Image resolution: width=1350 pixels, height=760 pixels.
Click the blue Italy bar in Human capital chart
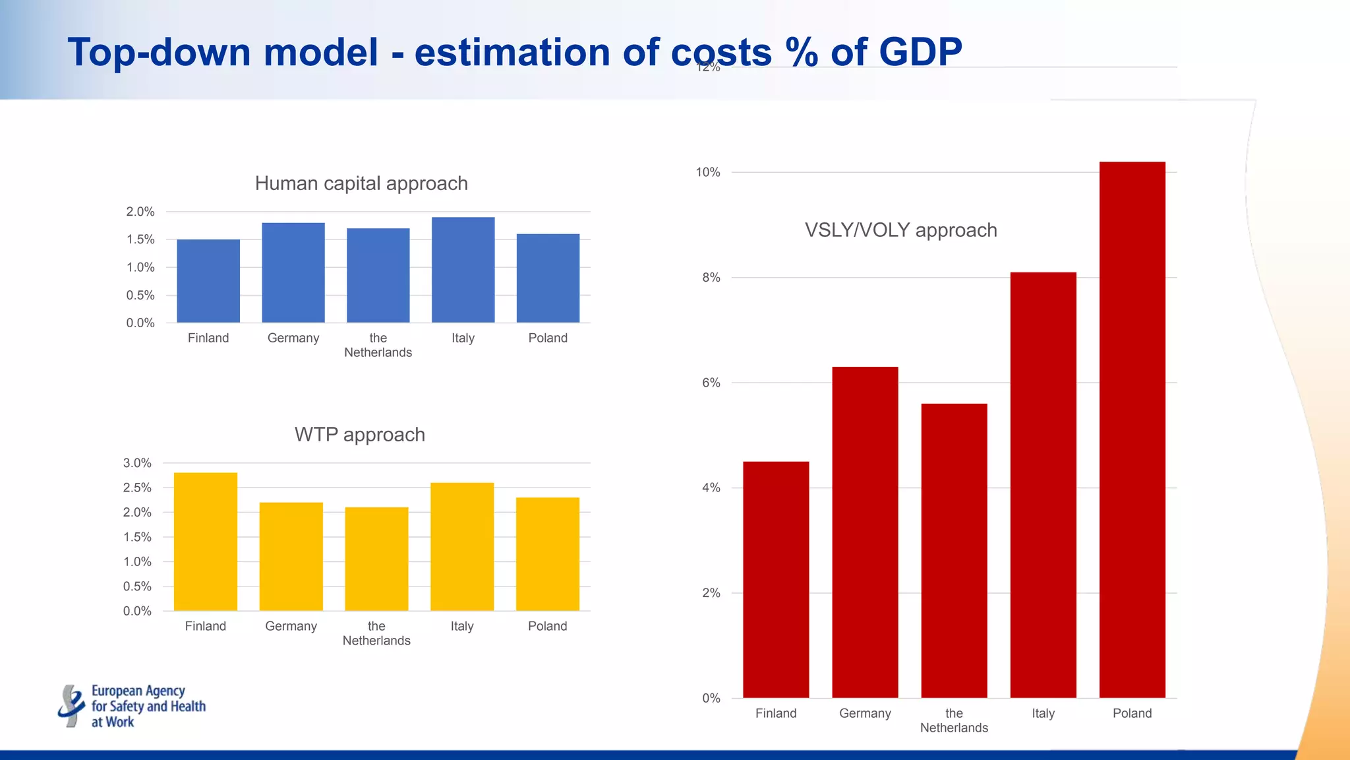coord(463,270)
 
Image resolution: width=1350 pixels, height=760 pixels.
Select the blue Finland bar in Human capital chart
coord(208,281)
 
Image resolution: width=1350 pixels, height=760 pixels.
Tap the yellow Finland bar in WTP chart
coord(206,542)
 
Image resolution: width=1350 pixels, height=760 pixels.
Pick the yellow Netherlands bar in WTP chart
coord(376,559)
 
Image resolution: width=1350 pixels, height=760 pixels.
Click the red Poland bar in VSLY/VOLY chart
coord(1132,429)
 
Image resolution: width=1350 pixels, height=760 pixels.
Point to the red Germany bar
coord(865,532)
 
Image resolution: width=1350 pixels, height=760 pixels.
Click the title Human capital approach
coord(361,183)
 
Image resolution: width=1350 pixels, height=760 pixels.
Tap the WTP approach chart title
coord(359,435)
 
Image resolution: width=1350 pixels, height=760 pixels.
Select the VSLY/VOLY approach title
coord(900,230)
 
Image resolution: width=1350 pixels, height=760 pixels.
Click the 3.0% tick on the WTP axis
coord(137,463)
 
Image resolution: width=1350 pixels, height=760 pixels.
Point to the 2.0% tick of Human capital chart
coord(140,212)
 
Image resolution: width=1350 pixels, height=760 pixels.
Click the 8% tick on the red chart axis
coord(711,278)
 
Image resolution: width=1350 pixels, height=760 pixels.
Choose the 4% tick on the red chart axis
coord(711,488)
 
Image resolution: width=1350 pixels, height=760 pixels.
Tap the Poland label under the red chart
coord(1132,713)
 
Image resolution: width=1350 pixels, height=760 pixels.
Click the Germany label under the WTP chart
coord(291,626)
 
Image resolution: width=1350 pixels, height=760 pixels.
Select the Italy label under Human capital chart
coord(463,338)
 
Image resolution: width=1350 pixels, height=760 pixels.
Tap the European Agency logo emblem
coord(71,706)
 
